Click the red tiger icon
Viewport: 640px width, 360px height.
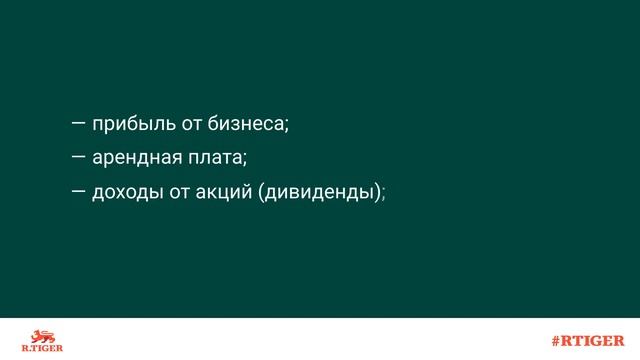[41, 334]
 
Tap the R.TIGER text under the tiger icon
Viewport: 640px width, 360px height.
[41, 348]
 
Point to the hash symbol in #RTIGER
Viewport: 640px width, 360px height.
[556, 340]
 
